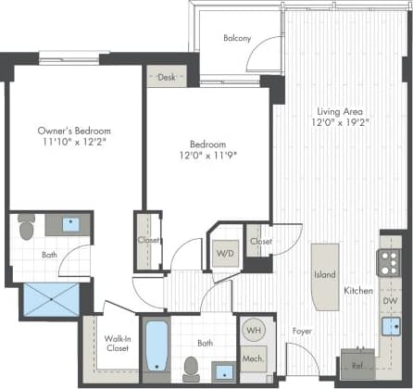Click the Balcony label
pos(238,38)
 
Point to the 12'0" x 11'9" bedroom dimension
pos(207,157)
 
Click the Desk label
pos(168,78)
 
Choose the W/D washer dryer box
pos(225,253)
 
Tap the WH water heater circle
pos(252,329)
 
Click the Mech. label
pos(253,358)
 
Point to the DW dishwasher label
pos(390,301)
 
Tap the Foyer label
pos(302,328)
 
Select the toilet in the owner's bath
pos(26,225)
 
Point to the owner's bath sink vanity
pos(69,224)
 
